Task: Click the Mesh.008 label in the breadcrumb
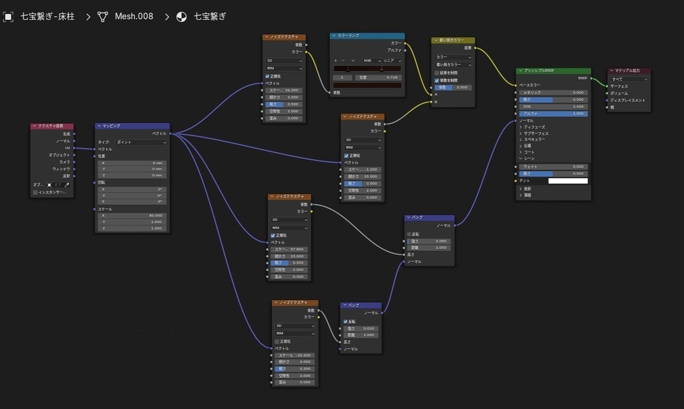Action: coord(134,16)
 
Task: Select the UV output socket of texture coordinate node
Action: coord(73,148)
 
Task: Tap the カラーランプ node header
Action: coord(367,36)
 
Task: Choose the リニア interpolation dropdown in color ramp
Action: coord(391,61)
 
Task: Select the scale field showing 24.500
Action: coord(285,90)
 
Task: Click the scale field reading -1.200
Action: coord(363,169)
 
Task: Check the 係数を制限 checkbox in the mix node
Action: coord(437,80)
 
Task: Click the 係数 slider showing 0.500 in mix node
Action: coord(454,87)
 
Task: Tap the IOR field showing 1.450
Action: coord(554,107)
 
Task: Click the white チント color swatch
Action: coord(568,181)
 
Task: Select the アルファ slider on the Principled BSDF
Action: coord(554,113)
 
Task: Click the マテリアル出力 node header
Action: coord(629,71)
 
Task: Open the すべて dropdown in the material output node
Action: coord(629,79)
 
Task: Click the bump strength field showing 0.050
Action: coord(430,241)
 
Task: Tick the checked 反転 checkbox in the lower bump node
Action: coord(345,321)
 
